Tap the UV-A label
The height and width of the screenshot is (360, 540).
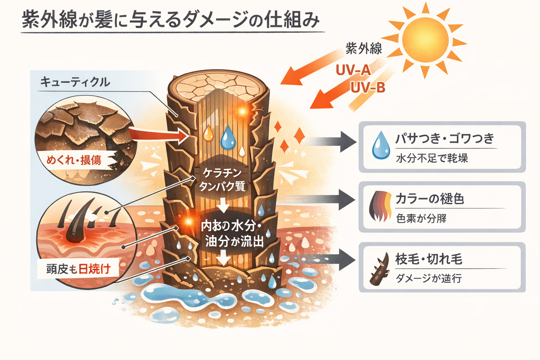(353, 70)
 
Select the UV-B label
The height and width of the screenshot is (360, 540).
(368, 88)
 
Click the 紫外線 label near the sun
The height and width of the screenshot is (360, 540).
(364, 49)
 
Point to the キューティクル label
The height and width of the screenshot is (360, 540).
(75, 82)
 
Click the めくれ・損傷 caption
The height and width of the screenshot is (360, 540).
(74, 160)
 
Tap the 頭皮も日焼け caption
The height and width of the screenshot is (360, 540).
(78, 269)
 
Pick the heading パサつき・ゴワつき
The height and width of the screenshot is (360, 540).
(445, 139)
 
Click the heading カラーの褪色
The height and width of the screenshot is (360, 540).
(430, 199)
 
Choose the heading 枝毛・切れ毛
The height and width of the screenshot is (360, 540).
(429, 259)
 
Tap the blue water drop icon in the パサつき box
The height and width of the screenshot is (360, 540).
(381, 145)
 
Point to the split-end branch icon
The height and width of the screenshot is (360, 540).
(380, 269)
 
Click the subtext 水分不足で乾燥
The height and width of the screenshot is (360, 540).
(432, 158)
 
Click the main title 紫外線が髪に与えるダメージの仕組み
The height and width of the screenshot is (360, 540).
(171, 20)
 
